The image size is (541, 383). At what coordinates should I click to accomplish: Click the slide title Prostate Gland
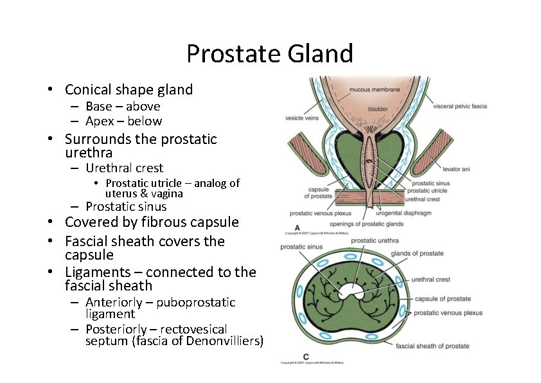(x=270, y=53)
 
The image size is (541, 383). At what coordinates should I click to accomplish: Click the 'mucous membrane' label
(x=374, y=89)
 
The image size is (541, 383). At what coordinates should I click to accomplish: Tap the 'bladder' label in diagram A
(x=377, y=109)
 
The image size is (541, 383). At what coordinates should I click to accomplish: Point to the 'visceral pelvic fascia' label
(x=461, y=106)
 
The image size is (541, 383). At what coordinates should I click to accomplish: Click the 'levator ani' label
(x=457, y=169)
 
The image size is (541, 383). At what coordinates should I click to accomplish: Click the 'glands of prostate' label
(x=417, y=253)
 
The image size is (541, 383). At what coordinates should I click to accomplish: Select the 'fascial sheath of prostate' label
(x=432, y=346)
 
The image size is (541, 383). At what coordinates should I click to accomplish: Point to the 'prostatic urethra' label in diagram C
(x=375, y=241)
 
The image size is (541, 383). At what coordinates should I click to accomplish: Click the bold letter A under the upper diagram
(x=297, y=227)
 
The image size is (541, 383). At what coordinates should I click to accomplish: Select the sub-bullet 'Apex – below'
(x=123, y=121)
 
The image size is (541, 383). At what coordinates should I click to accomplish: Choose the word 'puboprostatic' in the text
(x=197, y=302)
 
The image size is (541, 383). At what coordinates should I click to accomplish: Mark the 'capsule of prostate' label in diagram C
(x=443, y=299)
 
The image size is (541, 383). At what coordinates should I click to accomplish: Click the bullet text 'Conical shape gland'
(x=129, y=89)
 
